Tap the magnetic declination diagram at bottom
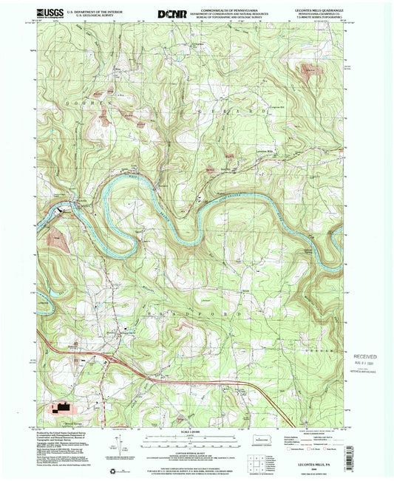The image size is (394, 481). click(117, 443)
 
